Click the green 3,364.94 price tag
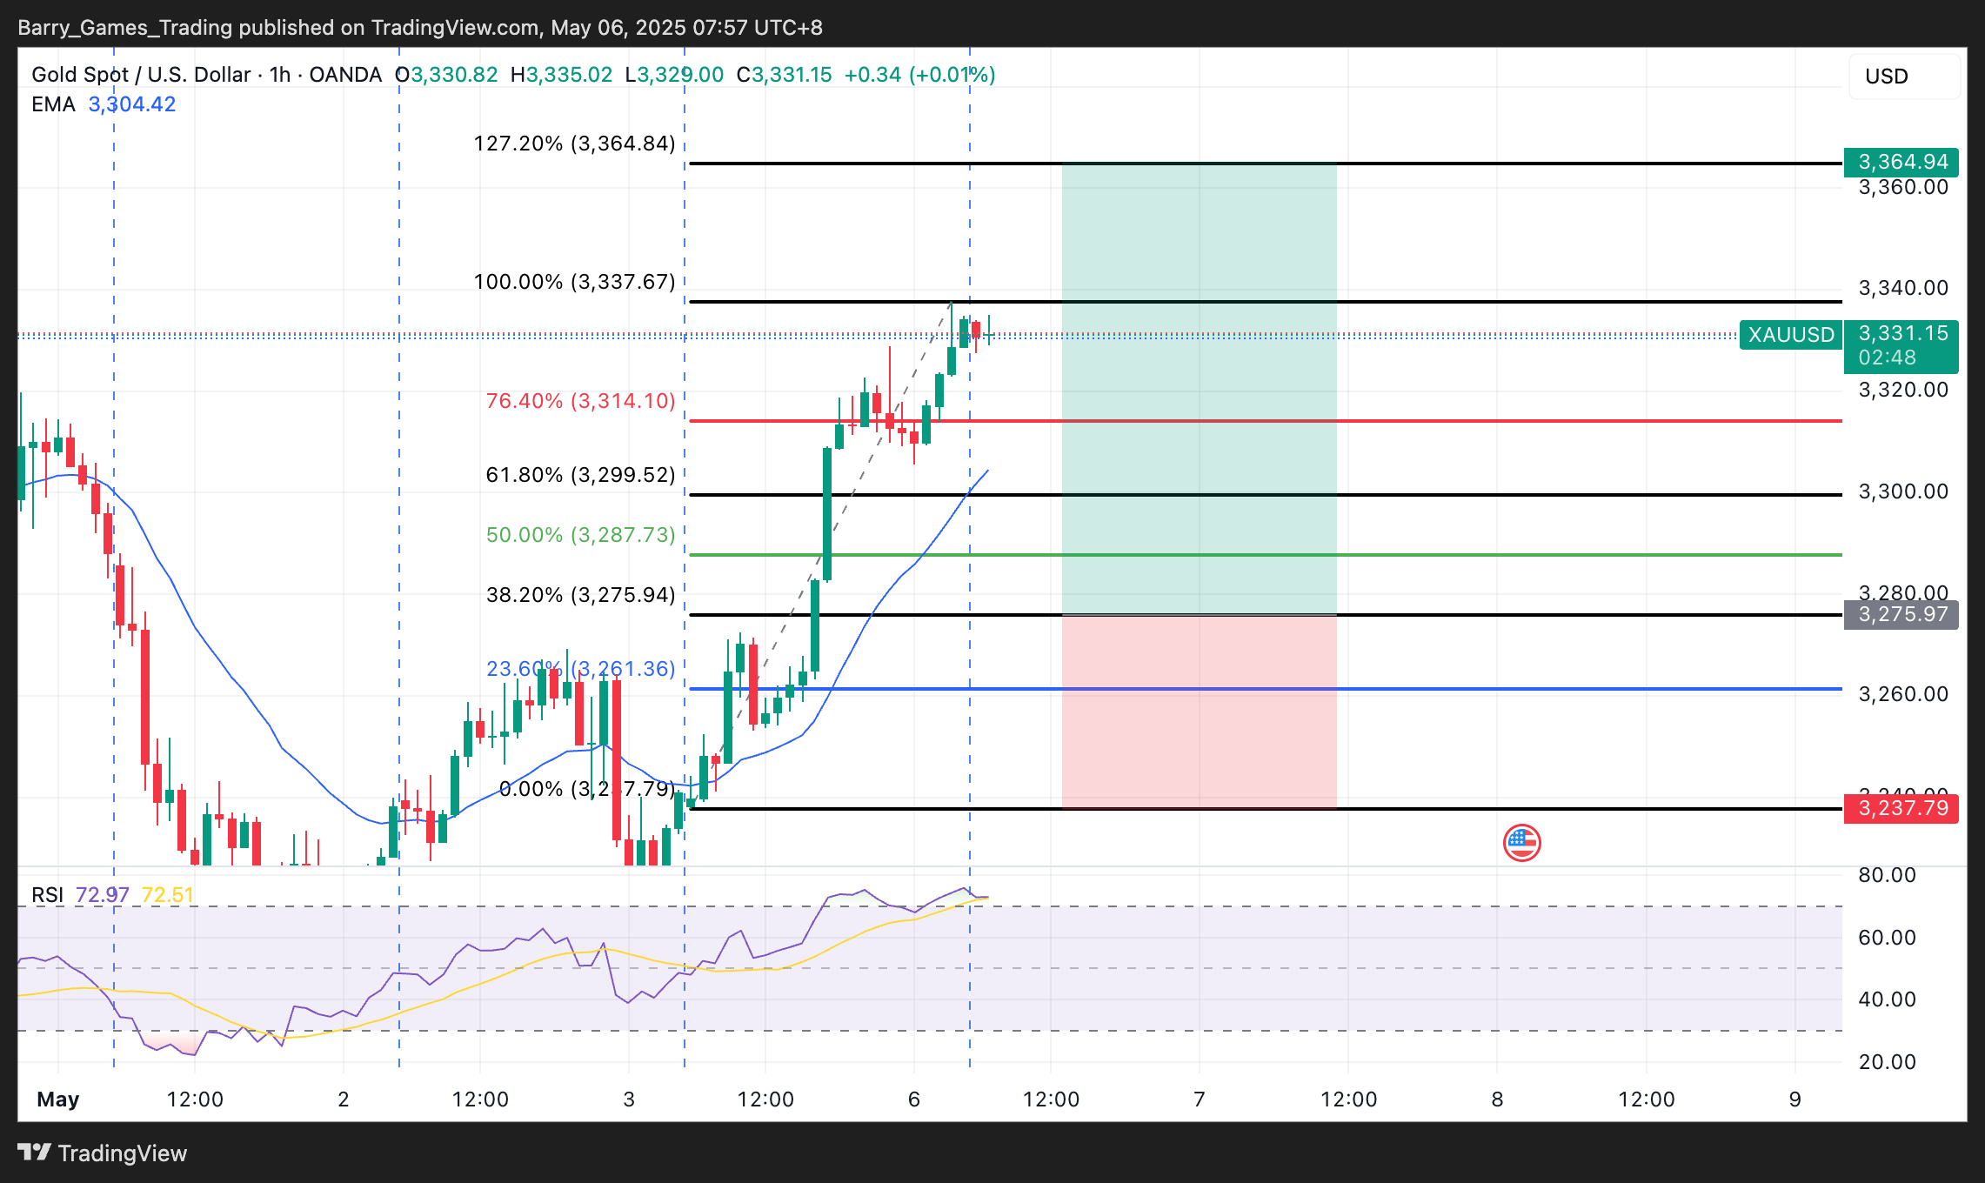coord(1901,162)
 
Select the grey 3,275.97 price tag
coord(1901,614)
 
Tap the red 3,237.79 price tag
coord(1901,808)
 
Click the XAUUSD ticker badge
coord(1791,335)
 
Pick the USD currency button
coord(1903,77)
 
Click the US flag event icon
coord(1521,842)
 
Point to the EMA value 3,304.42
coord(132,104)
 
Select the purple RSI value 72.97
coord(102,895)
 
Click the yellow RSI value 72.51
coord(167,895)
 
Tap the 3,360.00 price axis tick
coord(1903,188)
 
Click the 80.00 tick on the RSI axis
coord(1887,875)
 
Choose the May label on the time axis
coord(58,1099)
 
